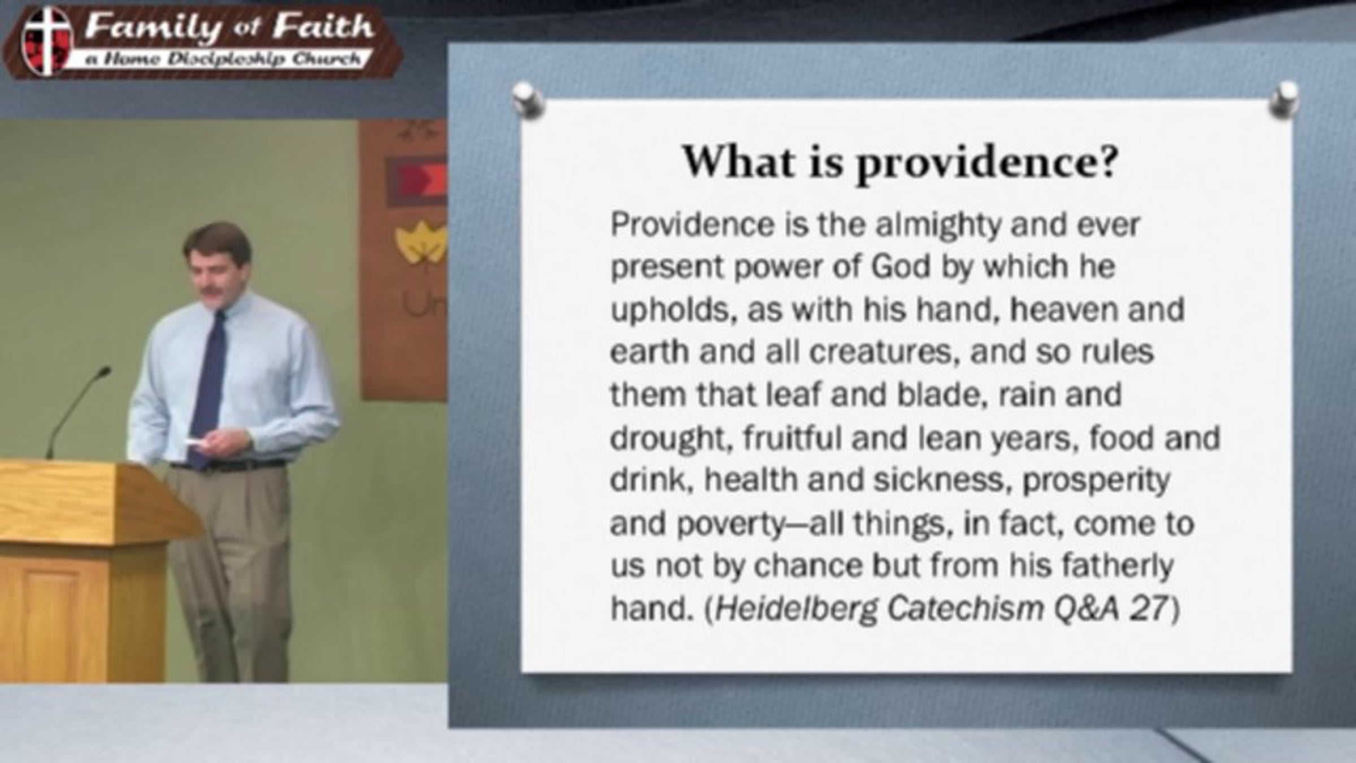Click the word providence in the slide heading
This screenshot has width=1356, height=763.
click(986, 164)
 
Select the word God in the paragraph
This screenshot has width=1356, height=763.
click(901, 267)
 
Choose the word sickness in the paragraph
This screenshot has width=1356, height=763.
click(941, 480)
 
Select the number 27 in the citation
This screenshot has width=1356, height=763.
click(1148, 609)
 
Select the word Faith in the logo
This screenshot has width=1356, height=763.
click(323, 27)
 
